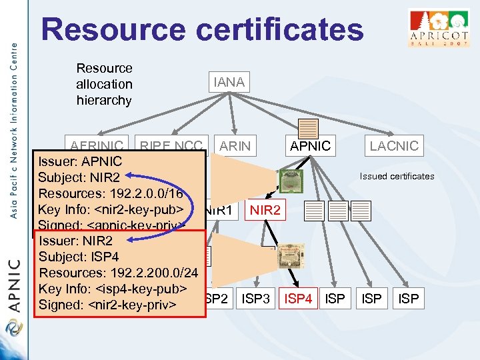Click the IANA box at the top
(x=229, y=82)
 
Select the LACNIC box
(x=394, y=145)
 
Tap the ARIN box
(x=235, y=145)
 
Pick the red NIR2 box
(x=265, y=211)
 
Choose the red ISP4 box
(x=298, y=299)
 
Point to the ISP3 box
(x=256, y=299)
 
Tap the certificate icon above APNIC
(x=309, y=129)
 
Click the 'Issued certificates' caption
(x=397, y=177)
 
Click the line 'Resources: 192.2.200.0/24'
(x=119, y=273)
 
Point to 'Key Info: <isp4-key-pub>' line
(x=111, y=289)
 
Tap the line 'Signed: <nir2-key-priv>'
(x=107, y=305)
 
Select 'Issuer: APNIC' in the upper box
(x=80, y=161)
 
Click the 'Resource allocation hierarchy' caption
(x=105, y=84)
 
